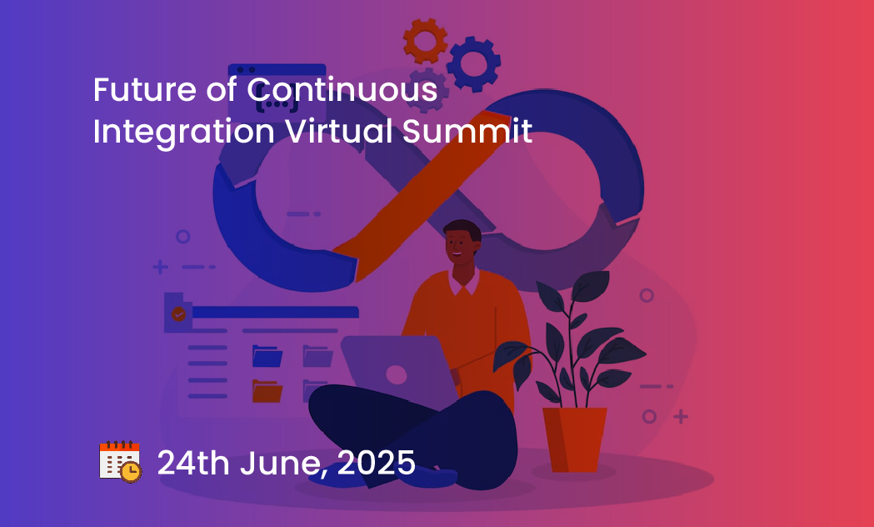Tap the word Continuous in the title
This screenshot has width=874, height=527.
pyautogui.click(x=342, y=90)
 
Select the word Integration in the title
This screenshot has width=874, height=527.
pyautogui.click(x=184, y=132)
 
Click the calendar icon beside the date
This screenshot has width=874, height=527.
pyautogui.click(x=120, y=462)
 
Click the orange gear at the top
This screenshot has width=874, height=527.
pyautogui.click(x=425, y=41)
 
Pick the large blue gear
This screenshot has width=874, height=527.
pyautogui.click(x=474, y=64)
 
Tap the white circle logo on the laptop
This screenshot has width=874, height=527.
pyautogui.click(x=397, y=374)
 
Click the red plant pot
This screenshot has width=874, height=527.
pyautogui.click(x=574, y=439)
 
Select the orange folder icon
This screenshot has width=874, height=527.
pyautogui.click(x=267, y=391)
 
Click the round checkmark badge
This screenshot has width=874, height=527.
pyautogui.click(x=178, y=314)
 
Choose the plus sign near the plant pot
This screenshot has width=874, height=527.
pyautogui.click(x=681, y=416)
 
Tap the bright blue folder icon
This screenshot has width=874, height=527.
pyautogui.click(x=267, y=356)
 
